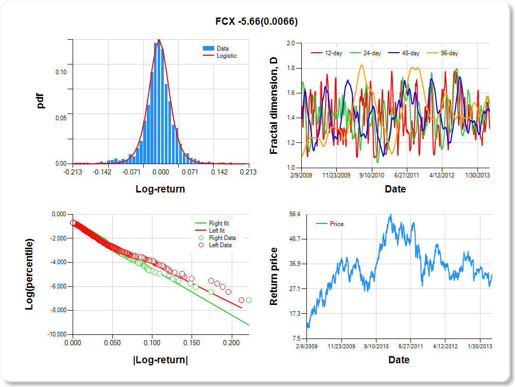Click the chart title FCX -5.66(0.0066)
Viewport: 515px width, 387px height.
click(256, 22)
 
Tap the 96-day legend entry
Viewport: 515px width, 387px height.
click(449, 53)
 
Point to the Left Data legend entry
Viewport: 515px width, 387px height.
click(220, 245)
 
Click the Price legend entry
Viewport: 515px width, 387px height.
click(336, 224)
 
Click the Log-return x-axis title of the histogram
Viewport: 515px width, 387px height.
click(160, 189)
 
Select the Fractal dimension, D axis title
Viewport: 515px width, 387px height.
click(274, 106)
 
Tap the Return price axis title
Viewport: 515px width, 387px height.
click(274, 276)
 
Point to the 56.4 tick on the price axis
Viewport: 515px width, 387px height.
click(291, 214)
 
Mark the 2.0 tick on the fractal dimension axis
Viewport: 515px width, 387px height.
click(290, 43)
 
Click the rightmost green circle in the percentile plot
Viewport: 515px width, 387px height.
click(249, 300)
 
